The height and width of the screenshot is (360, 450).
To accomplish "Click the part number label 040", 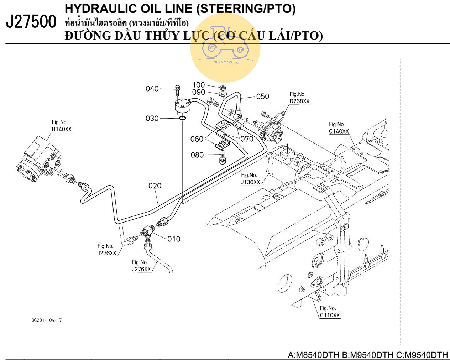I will (152, 89).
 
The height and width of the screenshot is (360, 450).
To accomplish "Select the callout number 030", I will (152, 118).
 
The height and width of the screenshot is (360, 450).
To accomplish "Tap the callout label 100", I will (199, 85).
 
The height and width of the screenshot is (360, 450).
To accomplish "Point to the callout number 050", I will (263, 96).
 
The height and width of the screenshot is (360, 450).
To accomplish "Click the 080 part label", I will (197, 155).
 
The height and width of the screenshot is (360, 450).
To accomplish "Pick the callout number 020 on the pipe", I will (155, 186).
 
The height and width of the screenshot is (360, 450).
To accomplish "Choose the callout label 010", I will (174, 239).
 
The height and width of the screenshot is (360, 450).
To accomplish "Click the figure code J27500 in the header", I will (31, 22).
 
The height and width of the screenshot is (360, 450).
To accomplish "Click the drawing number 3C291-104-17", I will (47, 320).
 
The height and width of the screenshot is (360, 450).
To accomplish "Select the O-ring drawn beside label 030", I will (182, 118).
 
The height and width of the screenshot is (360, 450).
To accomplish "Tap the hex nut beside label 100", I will (222, 87).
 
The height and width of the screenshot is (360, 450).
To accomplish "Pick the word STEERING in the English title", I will (230, 9).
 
